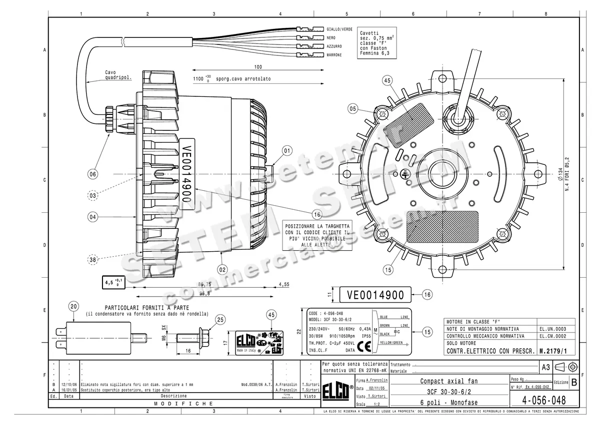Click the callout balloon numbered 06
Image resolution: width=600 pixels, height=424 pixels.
pos(93,174)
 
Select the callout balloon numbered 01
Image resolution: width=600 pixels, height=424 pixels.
pos(286,150)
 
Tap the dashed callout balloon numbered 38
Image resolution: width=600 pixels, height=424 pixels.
pos(93,259)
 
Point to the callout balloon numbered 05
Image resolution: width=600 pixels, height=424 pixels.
pos(353,108)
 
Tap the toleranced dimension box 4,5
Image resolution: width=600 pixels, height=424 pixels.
pos(112,283)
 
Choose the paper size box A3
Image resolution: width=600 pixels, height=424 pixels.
pos(546,367)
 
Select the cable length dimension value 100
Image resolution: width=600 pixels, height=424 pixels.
pos(258,66)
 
